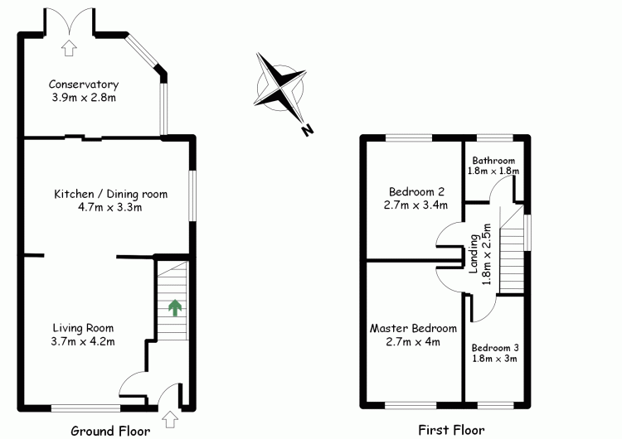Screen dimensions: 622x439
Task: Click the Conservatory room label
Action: tap(83, 84)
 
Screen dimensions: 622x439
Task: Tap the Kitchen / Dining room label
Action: tap(110, 195)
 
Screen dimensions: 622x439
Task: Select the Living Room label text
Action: tap(83, 327)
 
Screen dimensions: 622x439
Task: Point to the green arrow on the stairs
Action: tap(175, 308)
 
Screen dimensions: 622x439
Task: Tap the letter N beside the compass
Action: tap(307, 130)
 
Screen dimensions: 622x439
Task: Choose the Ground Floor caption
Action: tap(110, 431)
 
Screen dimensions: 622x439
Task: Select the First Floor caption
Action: tap(447, 431)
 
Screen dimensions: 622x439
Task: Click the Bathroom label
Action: tap(493, 161)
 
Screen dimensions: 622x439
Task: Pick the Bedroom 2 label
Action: tap(415, 191)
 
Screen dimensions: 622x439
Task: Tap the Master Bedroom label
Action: tap(413, 328)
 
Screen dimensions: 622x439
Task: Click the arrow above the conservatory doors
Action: tap(69, 47)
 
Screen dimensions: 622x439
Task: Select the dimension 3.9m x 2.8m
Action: tap(83, 99)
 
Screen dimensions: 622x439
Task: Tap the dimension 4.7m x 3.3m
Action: tap(110, 208)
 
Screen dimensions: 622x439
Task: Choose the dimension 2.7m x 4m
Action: tap(413, 341)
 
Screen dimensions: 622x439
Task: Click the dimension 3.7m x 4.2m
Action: tap(83, 340)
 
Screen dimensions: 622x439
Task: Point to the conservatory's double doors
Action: tap(69, 22)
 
